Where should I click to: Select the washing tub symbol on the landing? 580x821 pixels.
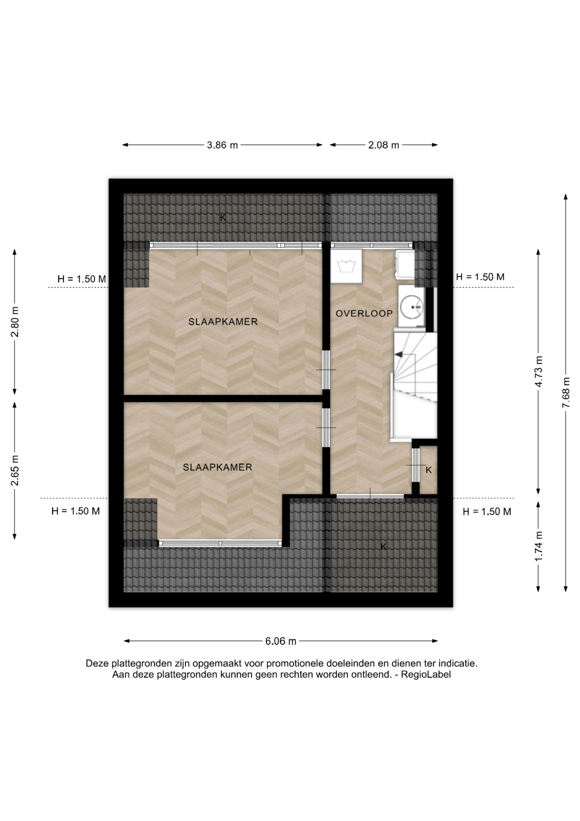click(346, 266)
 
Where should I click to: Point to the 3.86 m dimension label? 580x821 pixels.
click(222, 145)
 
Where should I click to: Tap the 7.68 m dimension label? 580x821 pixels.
click(566, 392)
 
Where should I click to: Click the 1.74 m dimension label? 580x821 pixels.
click(539, 546)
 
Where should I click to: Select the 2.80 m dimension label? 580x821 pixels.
click(15, 322)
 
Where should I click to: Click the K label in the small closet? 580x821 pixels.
click(429, 470)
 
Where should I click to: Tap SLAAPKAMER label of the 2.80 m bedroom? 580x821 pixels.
click(223, 322)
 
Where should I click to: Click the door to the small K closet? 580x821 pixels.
click(415, 465)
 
